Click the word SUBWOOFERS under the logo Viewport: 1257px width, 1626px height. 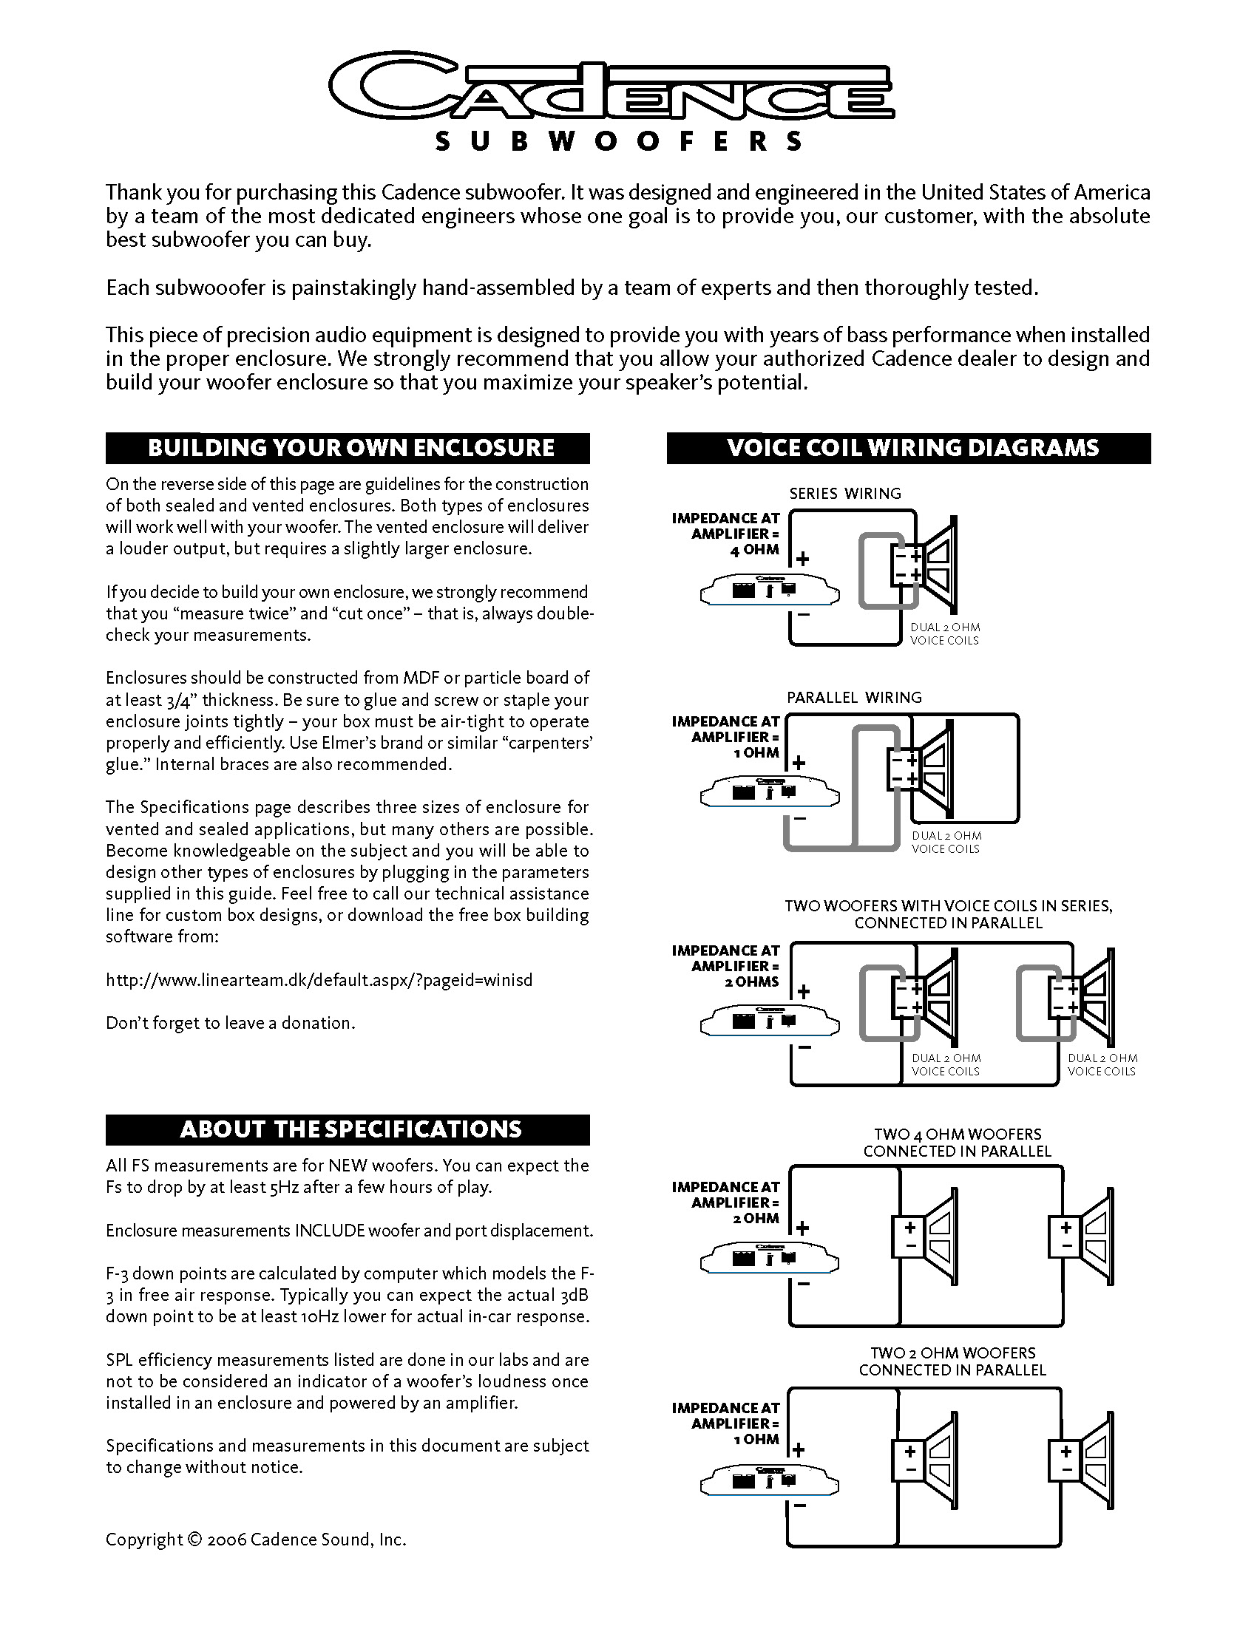coord(618,141)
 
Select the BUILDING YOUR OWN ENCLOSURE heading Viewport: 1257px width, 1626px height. coord(350,447)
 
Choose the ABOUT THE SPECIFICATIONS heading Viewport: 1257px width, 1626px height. coord(350,1129)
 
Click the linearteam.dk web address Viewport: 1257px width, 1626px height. coord(319,980)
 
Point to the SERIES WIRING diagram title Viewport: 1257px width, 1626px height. coord(844,494)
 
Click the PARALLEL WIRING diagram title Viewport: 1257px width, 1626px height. coord(853,698)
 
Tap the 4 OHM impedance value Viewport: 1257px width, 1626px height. coord(754,550)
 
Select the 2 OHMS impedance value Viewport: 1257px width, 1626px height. coord(751,982)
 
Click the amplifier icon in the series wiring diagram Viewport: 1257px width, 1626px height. coord(769,591)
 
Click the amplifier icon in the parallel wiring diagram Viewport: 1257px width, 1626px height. coord(769,792)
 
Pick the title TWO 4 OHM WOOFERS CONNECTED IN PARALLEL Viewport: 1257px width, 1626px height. coord(957,1143)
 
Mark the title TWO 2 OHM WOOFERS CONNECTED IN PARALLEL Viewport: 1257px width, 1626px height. coord(952,1361)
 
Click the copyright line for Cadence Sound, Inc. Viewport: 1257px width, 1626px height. coord(255,1540)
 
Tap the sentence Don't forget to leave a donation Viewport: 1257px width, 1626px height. coord(230,1023)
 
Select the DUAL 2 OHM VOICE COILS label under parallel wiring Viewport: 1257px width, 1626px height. coord(946,842)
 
